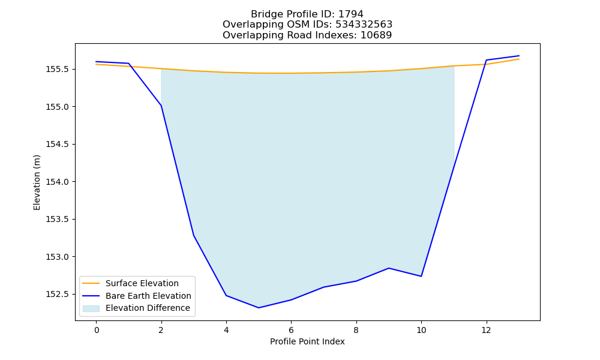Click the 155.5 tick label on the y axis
[x=58, y=69]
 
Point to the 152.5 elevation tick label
[x=58, y=294]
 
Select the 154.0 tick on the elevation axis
[x=58, y=182]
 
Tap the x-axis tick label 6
[x=291, y=330]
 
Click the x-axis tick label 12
[x=486, y=330]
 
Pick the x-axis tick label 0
[x=97, y=330]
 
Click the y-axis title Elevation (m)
[x=37, y=182]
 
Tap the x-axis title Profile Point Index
[x=307, y=341]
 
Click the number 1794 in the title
[x=351, y=14]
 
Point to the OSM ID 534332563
[x=364, y=25]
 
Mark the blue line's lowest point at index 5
[x=259, y=308]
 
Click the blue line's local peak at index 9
[x=389, y=268]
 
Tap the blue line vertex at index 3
[x=194, y=235]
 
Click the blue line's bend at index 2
[x=161, y=106]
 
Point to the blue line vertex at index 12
[x=486, y=60]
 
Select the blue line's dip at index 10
[x=421, y=276]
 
